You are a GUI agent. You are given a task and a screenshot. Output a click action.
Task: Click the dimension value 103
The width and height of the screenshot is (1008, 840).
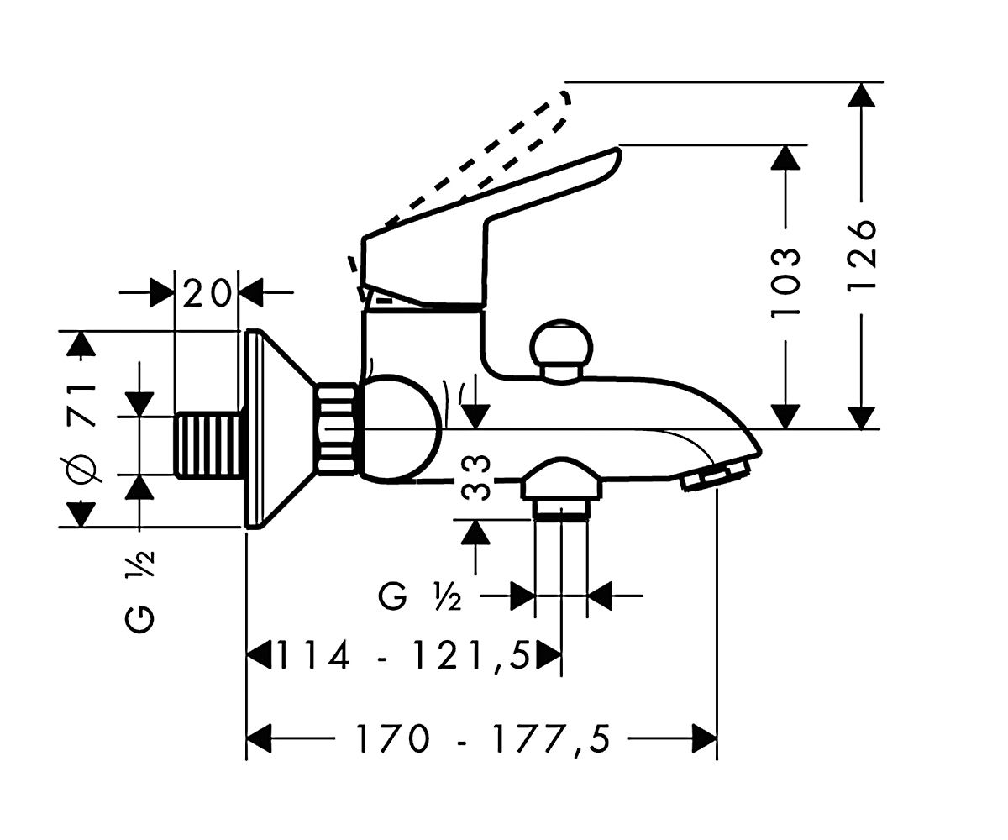click(785, 283)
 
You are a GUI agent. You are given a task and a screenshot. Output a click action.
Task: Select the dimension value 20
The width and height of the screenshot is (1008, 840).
click(207, 293)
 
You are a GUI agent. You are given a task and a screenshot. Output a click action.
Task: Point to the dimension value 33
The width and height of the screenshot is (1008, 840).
click(475, 477)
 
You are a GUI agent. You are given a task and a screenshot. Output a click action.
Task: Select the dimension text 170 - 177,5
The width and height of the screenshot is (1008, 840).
click(482, 738)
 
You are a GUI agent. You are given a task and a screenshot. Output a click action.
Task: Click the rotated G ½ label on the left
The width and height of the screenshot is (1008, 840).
click(140, 591)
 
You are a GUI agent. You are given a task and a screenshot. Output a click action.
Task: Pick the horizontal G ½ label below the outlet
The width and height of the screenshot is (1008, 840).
click(419, 597)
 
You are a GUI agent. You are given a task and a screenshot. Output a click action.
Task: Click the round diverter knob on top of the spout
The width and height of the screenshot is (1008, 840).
click(560, 351)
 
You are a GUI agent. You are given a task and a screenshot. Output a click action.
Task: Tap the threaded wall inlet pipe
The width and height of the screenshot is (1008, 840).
click(207, 444)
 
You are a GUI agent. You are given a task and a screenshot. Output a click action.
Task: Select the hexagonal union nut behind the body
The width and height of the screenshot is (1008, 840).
click(338, 427)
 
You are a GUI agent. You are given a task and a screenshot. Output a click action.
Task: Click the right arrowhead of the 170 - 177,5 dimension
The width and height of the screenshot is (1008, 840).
click(705, 738)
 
